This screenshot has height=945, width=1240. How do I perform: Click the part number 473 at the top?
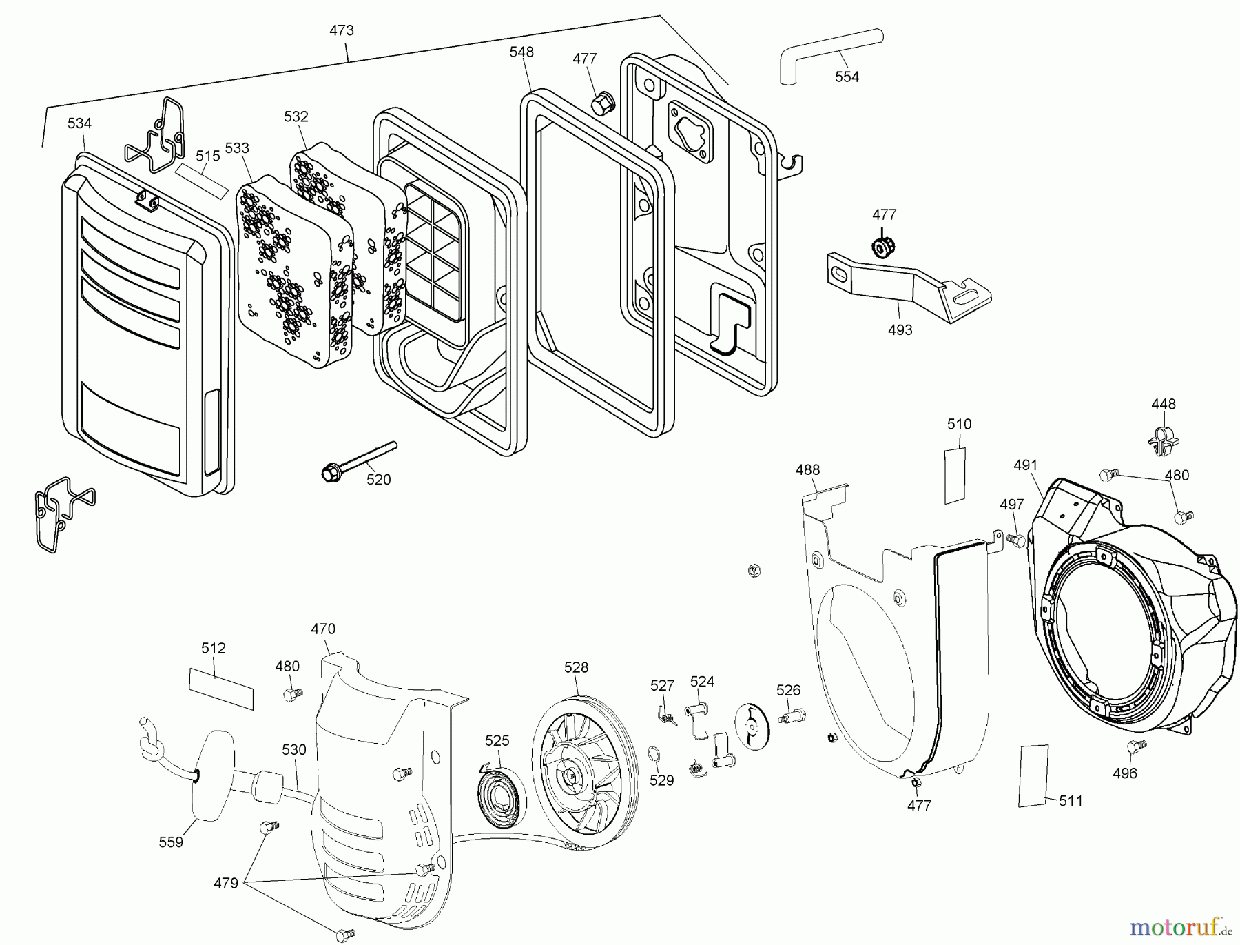point(342,30)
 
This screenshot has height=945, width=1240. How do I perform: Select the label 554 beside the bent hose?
point(847,77)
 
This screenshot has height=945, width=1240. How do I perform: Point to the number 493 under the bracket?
point(900,330)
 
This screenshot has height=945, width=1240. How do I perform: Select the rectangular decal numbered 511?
point(1033,775)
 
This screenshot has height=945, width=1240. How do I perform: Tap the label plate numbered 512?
point(220,687)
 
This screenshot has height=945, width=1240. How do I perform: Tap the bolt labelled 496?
point(1135,746)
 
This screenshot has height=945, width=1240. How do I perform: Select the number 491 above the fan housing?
point(1025,465)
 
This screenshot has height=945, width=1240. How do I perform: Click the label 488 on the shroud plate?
point(807,470)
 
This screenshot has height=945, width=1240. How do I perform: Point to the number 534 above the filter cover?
point(79,123)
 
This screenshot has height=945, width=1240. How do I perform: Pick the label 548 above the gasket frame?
point(521,52)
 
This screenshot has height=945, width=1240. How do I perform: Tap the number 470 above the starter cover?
point(322,629)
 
